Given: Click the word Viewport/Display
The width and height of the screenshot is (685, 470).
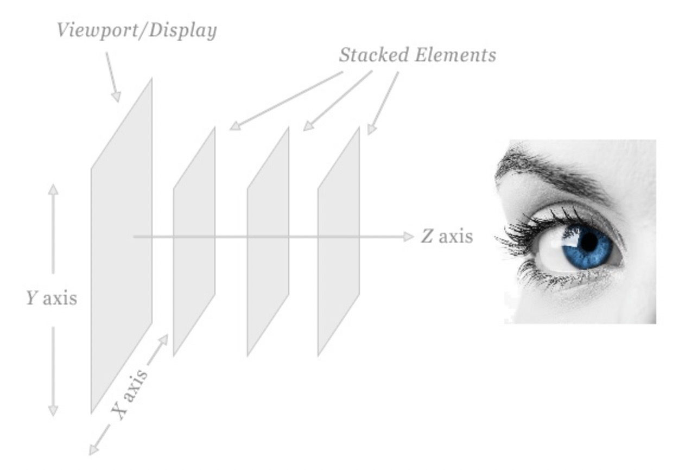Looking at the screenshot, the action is tap(137, 31).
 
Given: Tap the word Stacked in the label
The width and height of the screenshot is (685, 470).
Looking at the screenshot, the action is tap(374, 55).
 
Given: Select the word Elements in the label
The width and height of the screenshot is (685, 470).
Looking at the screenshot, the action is tap(455, 55).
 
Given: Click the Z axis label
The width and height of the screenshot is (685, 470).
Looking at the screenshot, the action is tap(447, 237).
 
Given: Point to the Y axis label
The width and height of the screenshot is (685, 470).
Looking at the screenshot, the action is tap(52, 298).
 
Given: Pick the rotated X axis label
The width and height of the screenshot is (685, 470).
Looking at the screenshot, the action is tap(129, 394).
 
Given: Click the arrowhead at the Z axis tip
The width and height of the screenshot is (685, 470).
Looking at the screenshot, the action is tap(409, 237).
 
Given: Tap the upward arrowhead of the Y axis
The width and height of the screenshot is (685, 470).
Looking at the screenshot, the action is tap(53, 189).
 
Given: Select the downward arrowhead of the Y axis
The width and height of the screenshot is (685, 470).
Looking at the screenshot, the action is tap(53, 411).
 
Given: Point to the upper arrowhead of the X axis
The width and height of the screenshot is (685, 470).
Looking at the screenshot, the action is tap(163, 340).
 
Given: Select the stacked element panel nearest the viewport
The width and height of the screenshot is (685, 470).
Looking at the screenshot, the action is tap(194, 242).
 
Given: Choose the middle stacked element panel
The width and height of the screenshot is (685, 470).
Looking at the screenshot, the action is tap(268, 242).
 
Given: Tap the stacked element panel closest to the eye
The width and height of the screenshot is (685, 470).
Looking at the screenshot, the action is tap(339, 242).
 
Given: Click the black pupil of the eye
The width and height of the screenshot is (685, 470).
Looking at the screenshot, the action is tap(589, 242).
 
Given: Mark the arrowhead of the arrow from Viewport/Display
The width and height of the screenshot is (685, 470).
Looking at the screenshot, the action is tap(116, 97).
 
